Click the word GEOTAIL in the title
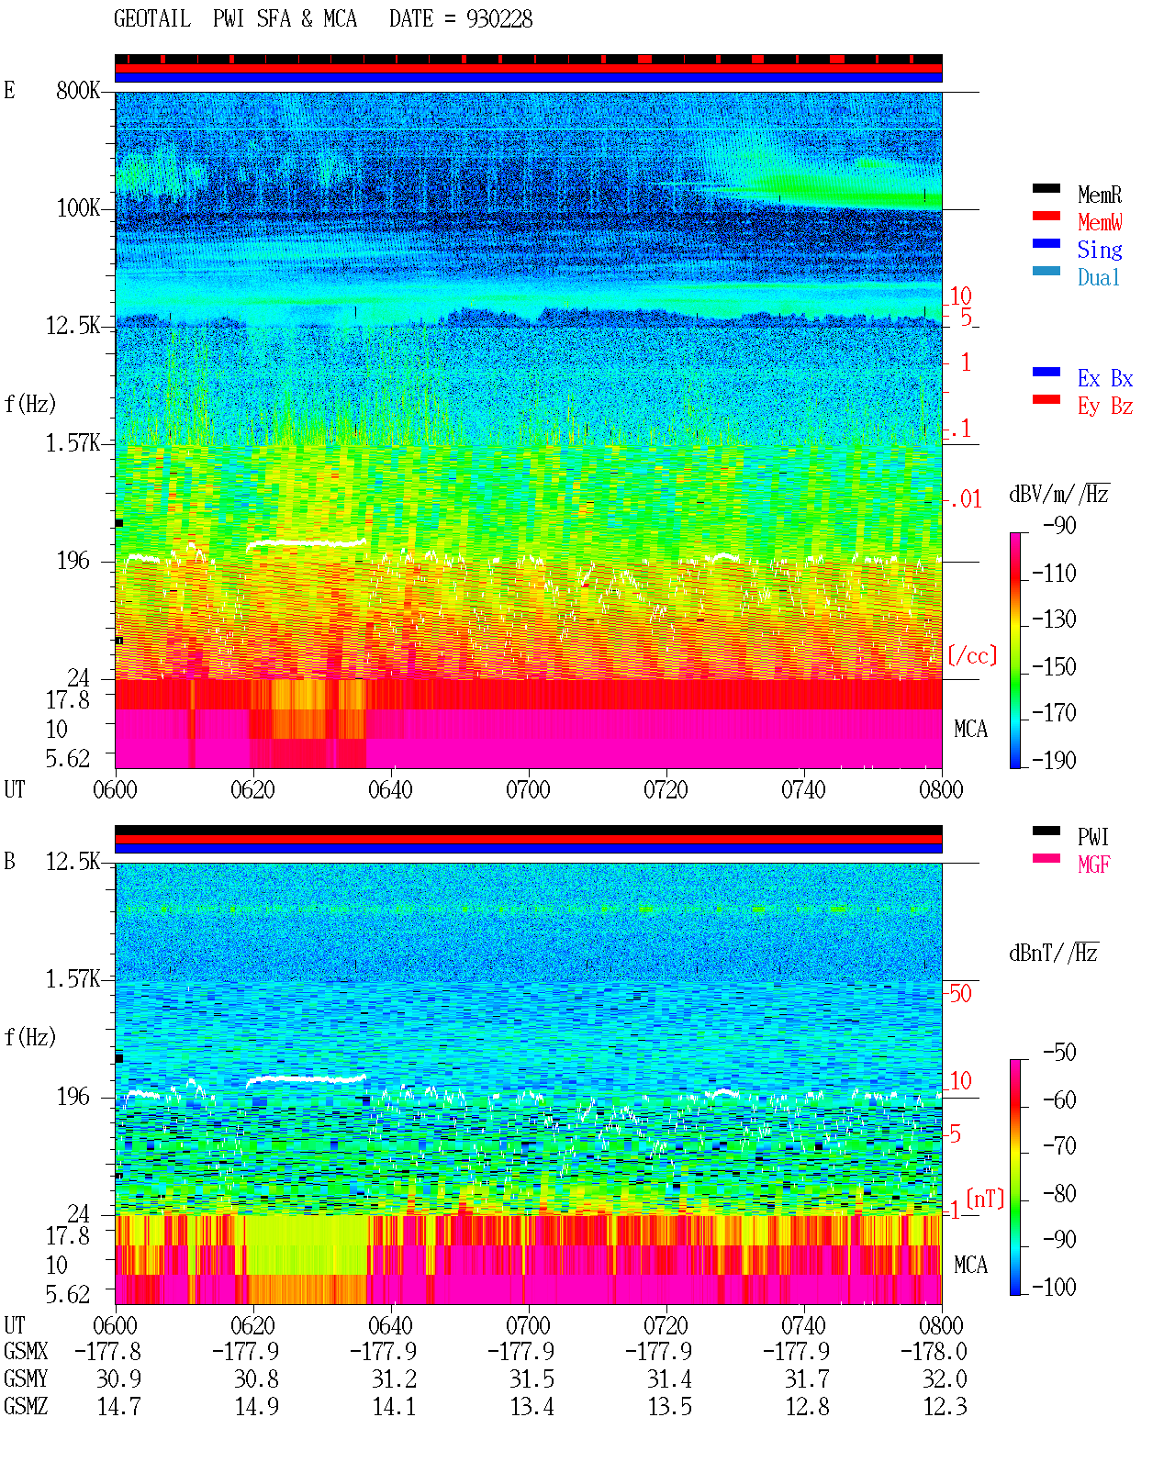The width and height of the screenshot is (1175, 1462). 152,19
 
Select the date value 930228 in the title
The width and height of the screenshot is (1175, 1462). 499,19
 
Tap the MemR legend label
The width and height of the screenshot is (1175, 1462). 1100,195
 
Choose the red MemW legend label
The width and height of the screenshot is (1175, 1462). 1100,222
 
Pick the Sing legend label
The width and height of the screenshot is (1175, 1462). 1100,250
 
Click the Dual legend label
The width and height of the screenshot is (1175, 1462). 1099,277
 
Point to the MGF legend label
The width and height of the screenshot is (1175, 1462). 1094,865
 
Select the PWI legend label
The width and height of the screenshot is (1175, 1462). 1093,836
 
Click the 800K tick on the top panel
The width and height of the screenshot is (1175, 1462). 78,90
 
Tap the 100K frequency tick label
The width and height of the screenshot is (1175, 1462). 78,208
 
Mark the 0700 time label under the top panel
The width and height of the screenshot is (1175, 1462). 528,790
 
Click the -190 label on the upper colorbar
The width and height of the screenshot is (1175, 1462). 1054,760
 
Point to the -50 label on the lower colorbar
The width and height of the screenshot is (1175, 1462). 1059,1053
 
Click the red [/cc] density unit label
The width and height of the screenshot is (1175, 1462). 972,655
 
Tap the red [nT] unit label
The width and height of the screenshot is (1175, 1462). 985,1199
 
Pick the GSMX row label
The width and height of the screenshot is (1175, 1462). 26,1351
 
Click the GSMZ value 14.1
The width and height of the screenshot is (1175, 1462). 394,1406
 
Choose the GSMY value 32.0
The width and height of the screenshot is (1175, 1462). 945,1379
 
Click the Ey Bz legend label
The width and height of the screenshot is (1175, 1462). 1105,407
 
